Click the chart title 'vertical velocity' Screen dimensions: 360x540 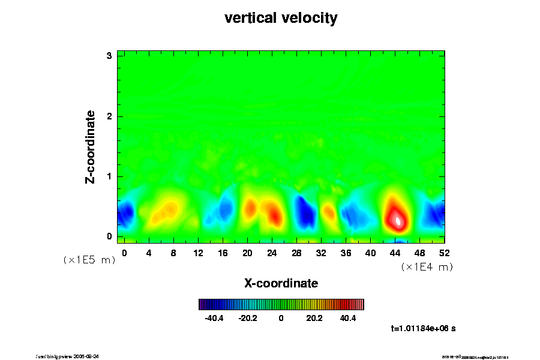(x=281, y=18)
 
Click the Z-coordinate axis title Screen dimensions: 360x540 (x=91, y=146)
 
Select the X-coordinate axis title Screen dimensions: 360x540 (x=281, y=283)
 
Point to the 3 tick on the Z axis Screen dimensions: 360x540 (x=110, y=56)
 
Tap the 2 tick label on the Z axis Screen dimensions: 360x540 (x=110, y=116)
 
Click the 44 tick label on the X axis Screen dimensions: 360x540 (x=395, y=253)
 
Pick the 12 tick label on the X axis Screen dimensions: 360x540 (x=198, y=253)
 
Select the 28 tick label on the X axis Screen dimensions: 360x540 (x=296, y=253)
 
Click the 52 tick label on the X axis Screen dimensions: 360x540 (x=445, y=253)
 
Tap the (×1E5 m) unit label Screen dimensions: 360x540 (x=89, y=260)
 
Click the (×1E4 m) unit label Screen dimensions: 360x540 (x=427, y=267)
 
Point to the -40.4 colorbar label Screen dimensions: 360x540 (x=214, y=318)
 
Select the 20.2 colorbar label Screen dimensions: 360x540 (x=314, y=318)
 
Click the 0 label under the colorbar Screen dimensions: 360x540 (x=281, y=318)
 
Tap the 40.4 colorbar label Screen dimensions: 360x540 (x=348, y=318)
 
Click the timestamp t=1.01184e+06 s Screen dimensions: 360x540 (x=423, y=329)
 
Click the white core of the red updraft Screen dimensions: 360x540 (x=398, y=220)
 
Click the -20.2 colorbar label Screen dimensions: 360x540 (x=248, y=318)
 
